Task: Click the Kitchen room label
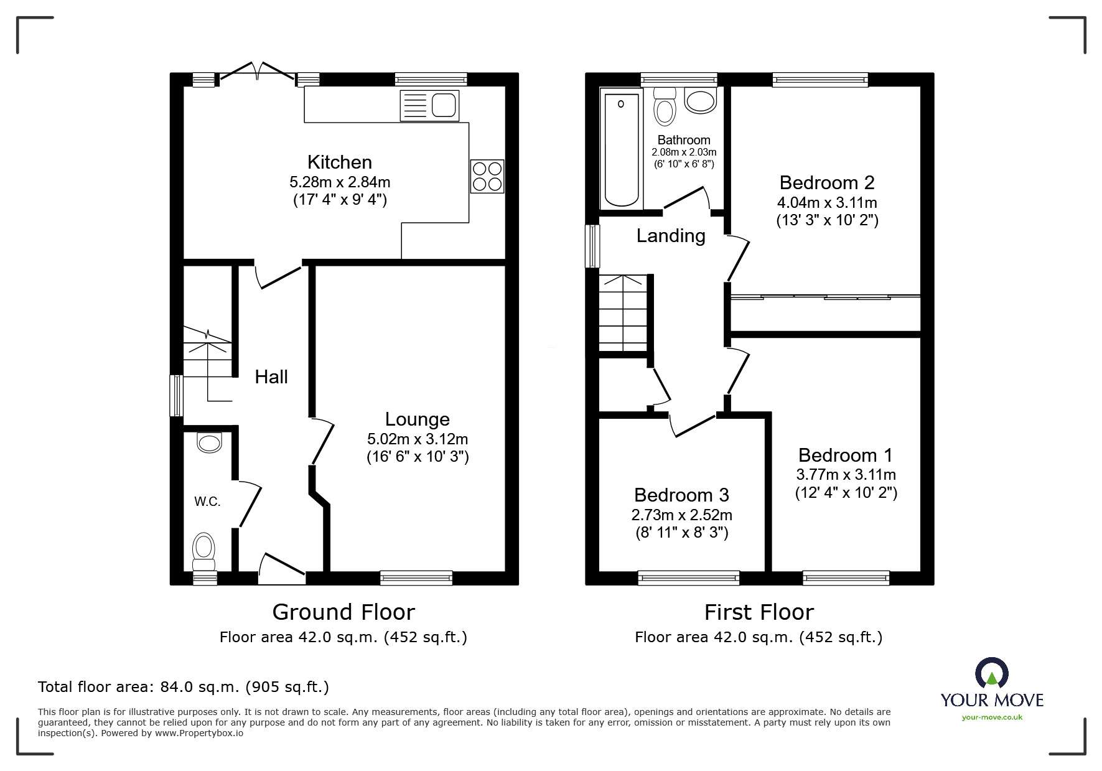(339, 162)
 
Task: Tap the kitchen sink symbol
(430, 105)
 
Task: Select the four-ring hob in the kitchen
(487, 176)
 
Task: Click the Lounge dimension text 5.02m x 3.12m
(417, 439)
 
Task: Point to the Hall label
(271, 376)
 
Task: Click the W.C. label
(207, 502)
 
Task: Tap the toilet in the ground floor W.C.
(203, 551)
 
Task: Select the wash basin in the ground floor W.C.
(208, 443)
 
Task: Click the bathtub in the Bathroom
(622, 149)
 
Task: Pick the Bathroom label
(683, 140)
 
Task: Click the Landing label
(670, 236)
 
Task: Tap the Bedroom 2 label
(826, 182)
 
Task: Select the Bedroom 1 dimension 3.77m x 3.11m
(846, 475)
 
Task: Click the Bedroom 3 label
(681, 495)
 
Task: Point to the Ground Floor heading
(343, 612)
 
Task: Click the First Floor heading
(759, 612)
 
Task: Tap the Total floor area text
(184, 687)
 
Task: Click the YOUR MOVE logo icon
(991, 673)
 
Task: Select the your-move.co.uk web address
(992, 717)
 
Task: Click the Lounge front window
(416, 578)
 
